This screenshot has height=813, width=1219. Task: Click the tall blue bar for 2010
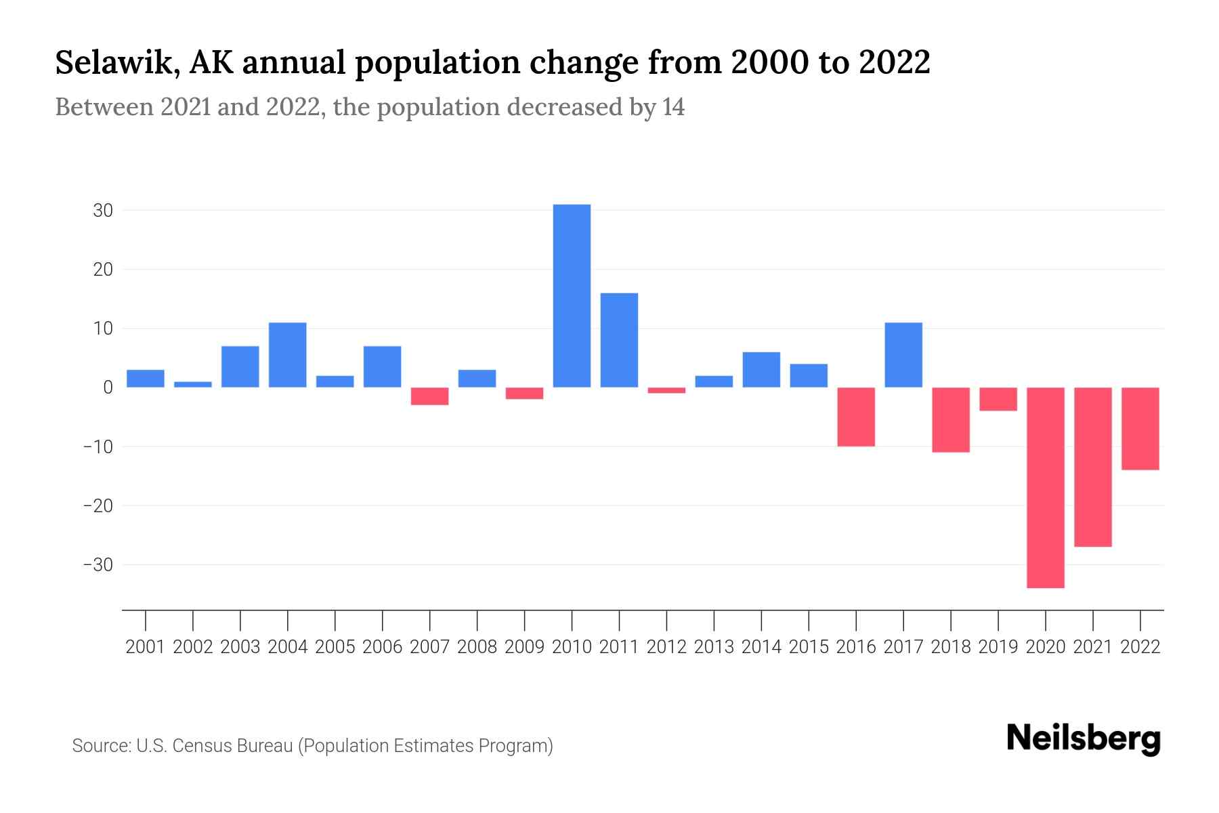click(572, 296)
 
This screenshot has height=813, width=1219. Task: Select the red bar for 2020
click(1046, 487)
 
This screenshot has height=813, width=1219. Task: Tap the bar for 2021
click(1093, 467)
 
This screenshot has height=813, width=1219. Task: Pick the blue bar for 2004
click(288, 355)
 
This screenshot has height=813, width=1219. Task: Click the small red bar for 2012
click(666, 390)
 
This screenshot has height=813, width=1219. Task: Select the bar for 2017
click(903, 355)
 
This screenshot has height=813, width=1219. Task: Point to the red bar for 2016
click(856, 417)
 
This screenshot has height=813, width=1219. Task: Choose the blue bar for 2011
click(619, 340)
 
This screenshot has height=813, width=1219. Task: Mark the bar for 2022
click(1140, 428)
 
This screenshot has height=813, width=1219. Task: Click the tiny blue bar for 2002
click(193, 384)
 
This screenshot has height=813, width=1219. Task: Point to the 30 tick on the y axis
click(103, 211)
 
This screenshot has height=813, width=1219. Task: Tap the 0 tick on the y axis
click(108, 388)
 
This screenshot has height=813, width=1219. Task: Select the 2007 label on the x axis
click(429, 647)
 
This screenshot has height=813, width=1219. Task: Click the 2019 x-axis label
click(998, 647)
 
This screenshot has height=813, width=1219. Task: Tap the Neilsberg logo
click(1084, 739)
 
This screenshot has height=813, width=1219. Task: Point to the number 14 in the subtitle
click(673, 107)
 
